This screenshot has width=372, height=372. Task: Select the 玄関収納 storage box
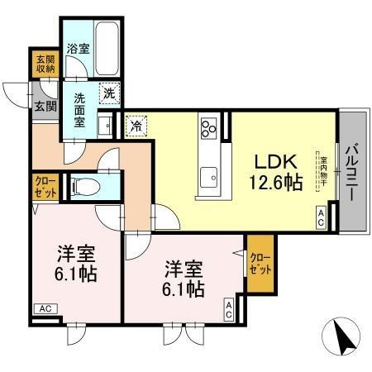tap(45, 65)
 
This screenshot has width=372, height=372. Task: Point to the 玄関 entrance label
tap(45, 106)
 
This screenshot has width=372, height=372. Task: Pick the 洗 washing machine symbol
tap(109, 93)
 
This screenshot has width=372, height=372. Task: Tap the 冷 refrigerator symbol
tap(135, 127)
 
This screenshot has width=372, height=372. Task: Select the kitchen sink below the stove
tap(208, 175)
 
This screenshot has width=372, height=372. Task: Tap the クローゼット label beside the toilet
tap(45, 187)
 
